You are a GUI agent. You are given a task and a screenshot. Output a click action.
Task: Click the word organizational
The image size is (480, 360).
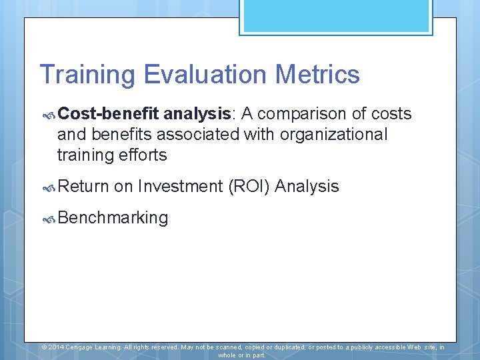333,135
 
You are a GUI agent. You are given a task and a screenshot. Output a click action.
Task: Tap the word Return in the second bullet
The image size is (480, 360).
83,187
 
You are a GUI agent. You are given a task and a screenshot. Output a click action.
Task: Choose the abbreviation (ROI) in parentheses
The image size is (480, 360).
249,187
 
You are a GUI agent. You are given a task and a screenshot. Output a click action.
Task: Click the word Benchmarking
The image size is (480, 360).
113,218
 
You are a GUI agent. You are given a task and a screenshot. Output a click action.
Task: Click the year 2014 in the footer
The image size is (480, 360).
56,347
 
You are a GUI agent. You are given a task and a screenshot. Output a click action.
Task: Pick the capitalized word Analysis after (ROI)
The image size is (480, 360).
307,187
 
